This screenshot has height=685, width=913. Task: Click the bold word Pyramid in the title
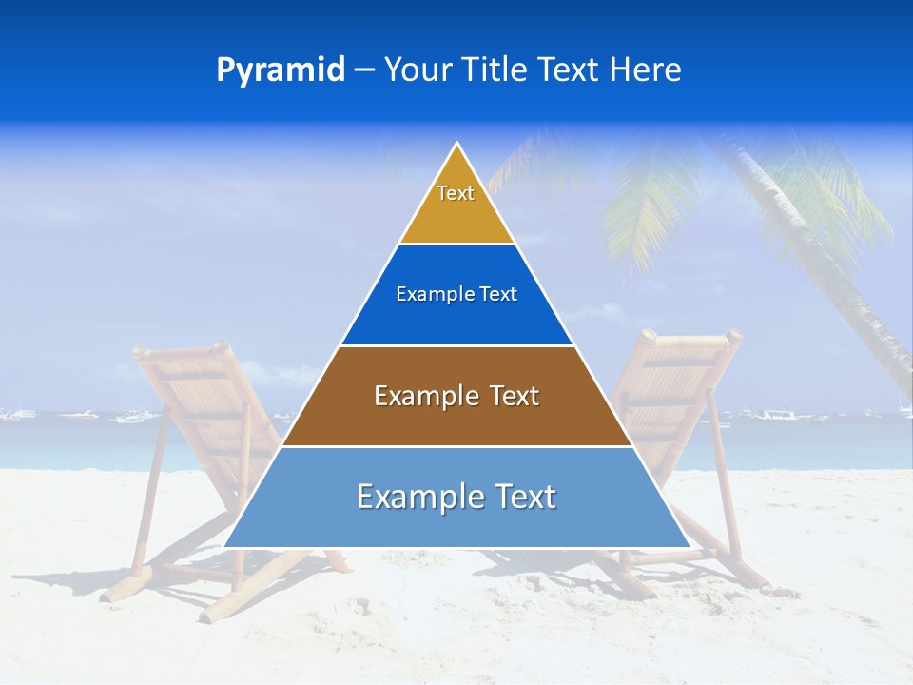click(280, 70)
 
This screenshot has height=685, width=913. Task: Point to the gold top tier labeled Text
click(456, 205)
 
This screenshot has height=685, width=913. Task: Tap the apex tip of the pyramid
click(457, 146)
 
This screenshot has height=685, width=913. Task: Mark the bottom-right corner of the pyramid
click(689, 546)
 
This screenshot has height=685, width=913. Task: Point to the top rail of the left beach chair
click(181, 349)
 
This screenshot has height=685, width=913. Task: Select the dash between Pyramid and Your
click(363, 70)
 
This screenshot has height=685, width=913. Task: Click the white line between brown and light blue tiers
click(456, 446)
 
